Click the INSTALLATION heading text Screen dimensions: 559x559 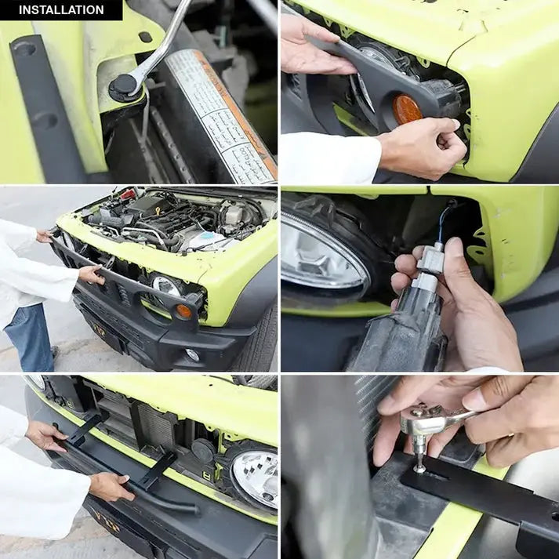61,10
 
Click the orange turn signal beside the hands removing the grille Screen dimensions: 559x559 407,110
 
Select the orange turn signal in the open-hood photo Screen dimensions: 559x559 183,311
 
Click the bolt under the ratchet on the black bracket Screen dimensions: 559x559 420,467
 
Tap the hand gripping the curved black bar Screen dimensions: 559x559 109,487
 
